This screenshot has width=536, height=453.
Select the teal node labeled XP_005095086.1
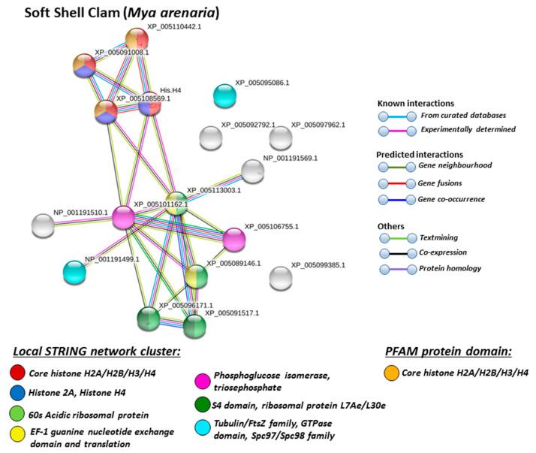[x=224, y=95]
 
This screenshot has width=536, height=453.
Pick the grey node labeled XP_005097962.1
[x=280, y=137]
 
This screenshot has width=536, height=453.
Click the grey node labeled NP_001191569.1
[x=253, y=171]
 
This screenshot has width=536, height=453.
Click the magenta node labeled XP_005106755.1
[x=234, y=239]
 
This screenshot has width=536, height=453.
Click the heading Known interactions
[x=417, y=103]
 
